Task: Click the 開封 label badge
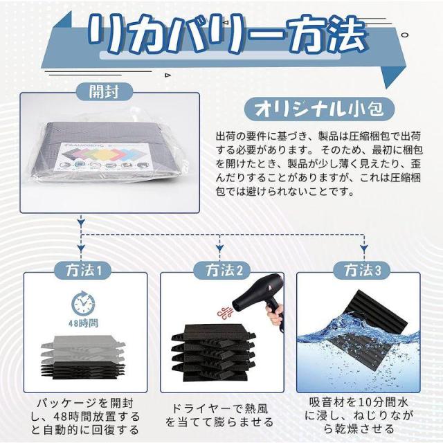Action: pyautogui.click(x=105, y=92)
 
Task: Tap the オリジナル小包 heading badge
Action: pyautogui.click(x=319, y=109)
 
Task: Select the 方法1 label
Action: pyautogui.click(x=84, y=270)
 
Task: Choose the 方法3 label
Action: pyautogui.click(x=362, y=270)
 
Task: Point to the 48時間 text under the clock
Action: pyautogui.click(x=83, y=323)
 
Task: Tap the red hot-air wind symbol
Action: pyautogui.click(x=225, y=312)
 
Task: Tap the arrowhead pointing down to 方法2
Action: pyautogui.click(x=219, y=248)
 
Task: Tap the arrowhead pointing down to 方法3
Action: pyautogui.click(x=364, y=248)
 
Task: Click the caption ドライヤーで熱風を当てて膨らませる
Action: pyautogui.click(x=219, y=415)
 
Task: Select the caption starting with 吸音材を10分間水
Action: pyautogui.click(x=359, y=415)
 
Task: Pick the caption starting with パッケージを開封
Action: pyautogui.click(x=85, y=416)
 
